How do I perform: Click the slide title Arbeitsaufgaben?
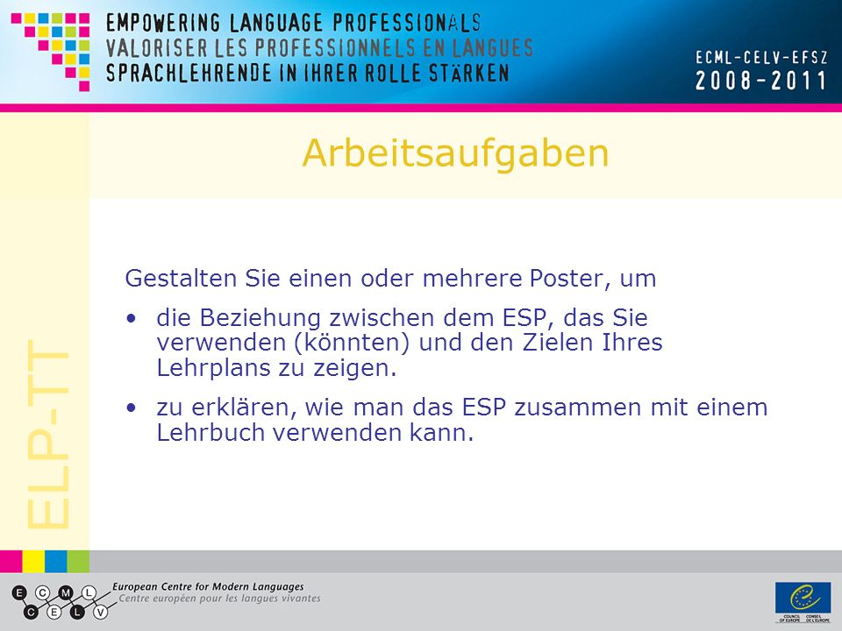pos(455,154)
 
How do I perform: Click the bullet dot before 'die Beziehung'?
pos(131,319)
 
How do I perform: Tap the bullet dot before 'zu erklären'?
pos(131,408)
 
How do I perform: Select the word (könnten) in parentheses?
pos(352,343)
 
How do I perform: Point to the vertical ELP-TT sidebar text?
pos(48,434)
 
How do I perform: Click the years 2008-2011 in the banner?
pos(760,81)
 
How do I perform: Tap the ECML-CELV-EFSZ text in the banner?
pos(761,58)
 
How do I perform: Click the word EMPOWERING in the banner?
pos(163,23)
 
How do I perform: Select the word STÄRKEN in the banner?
pos(468,73)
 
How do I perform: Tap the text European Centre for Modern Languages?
pos(208,587)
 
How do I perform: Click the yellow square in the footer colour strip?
pos(33,561)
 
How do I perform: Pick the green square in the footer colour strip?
pos(78,561)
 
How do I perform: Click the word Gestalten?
pos(181,279)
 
